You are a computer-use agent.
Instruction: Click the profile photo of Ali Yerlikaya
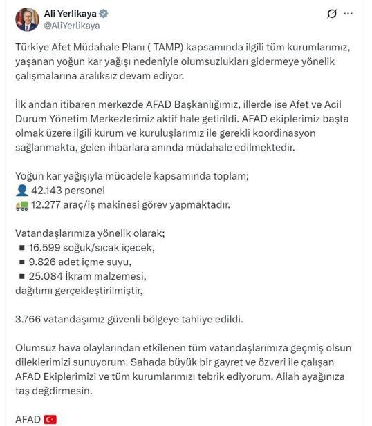click(x=27, y=19)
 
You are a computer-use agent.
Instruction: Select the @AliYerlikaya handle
click(x=73, y=26)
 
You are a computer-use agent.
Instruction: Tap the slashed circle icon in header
click(x=331, y=13)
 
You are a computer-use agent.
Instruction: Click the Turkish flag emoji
click(x=50, y=418)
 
